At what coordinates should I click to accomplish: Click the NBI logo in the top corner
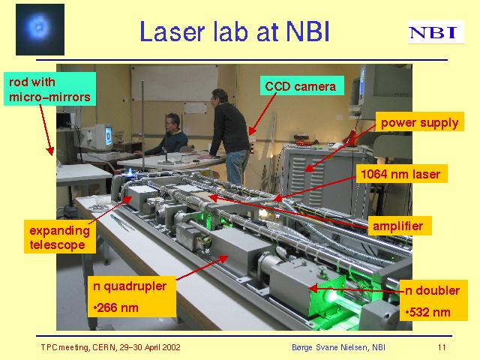(x=436, y=32)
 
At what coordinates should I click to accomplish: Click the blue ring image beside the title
(x=40, y=29)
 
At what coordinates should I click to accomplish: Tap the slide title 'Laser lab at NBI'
(x=234, y=31)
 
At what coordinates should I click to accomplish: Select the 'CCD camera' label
(x=301, y=85)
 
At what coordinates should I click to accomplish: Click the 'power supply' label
(x=419, y=122)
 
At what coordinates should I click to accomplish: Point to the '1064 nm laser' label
(x=401, y=174)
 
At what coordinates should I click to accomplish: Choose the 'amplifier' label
(x=399, y=226)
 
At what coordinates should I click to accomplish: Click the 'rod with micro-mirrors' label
(x=49, y=89)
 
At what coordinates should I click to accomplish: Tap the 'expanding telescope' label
(x=60, y=237)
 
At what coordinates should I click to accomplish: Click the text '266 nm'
(x=116, y=307)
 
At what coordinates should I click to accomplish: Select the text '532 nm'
(x=428, y=312)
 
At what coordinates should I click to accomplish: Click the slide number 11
(x=442, y=347)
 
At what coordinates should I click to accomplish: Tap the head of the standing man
(x=220, y=96)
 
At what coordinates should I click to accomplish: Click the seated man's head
(x=173, y=122)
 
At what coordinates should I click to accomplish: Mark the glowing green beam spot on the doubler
(x=330, y=295)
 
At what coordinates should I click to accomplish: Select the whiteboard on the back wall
(x=175, y=82)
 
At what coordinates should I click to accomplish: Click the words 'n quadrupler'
(x=130, y=286)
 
